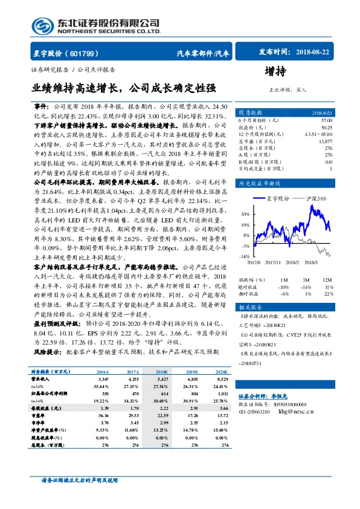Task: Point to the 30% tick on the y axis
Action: pyautogui.click(x=245, y=214)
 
